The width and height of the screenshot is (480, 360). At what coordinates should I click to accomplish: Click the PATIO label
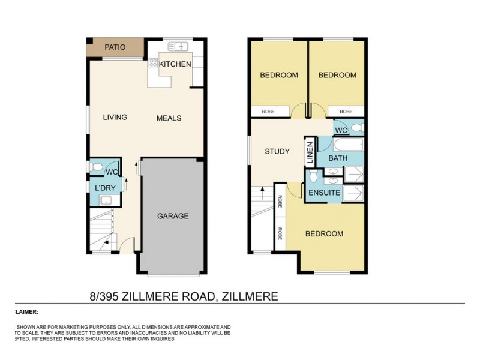(x=115, y=47)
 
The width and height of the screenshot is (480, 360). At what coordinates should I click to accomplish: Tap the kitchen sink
(x=179, y=46)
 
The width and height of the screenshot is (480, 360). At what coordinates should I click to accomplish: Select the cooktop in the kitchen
(x=153, y=62)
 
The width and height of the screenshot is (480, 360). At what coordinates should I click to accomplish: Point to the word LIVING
(x=115, y=117)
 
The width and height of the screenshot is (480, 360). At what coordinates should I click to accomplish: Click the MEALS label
(x=169, y=118)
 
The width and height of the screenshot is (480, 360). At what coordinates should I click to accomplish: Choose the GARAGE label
(x=173, y=216)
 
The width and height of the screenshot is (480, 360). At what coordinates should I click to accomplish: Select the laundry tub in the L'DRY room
(x=106, y=200)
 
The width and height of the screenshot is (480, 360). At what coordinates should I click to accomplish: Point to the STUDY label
(x=277, y=151)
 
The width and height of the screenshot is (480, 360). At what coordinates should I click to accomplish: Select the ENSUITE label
(x=324, y=193)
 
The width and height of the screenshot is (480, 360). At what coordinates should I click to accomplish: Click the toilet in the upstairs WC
(x=356, y=128)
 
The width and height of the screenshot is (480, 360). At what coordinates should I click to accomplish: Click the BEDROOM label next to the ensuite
(x=324, y=233)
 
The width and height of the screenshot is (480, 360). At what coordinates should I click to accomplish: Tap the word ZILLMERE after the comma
(x=250, y=296)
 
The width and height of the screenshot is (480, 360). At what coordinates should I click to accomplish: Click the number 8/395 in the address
(x=103, y=296)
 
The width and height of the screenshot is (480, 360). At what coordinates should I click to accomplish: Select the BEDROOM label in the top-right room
(x=337, y=75)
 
